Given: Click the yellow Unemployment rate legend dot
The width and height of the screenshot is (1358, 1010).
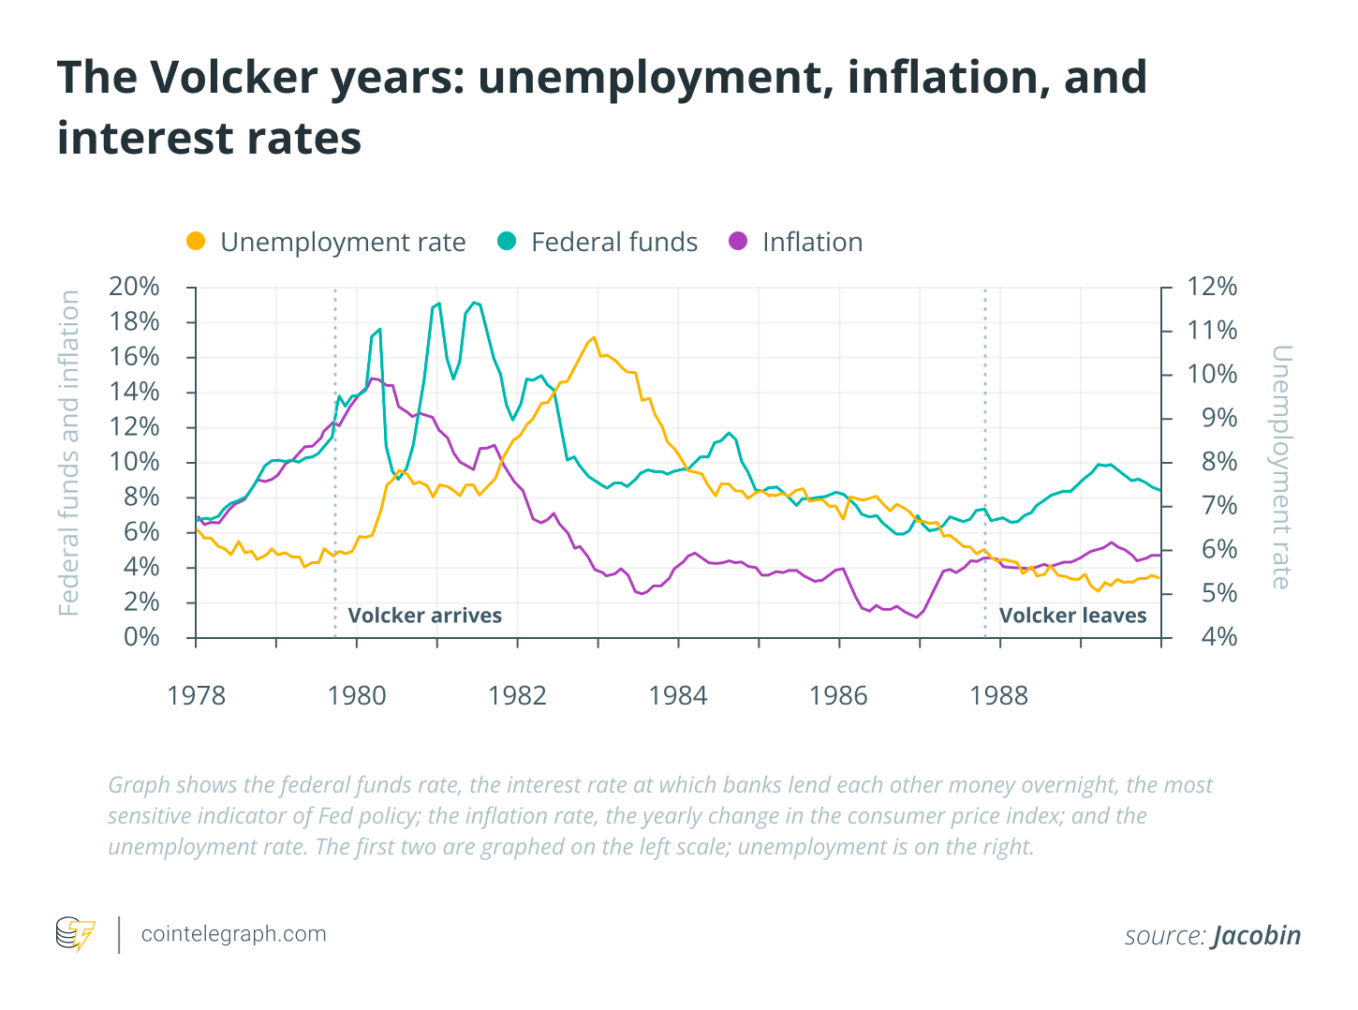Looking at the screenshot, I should point(196,241).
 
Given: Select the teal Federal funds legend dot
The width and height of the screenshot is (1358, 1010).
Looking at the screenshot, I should point(507,241).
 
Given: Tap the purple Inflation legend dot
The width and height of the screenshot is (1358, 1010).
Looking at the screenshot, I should point(738,241).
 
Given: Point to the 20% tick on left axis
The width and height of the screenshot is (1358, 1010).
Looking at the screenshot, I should point(135,287).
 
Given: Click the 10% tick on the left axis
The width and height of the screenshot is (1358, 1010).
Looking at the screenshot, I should point(135,462).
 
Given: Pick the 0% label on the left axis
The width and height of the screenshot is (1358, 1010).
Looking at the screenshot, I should point(142,637).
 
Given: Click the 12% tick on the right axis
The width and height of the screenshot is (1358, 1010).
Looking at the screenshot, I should point(1212,287).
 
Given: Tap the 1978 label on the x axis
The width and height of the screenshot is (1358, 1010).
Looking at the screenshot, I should point(196,695).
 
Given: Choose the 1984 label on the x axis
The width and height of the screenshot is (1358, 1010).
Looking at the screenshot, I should point(678,695).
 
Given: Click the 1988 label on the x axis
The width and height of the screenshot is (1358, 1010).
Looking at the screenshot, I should point(999,695).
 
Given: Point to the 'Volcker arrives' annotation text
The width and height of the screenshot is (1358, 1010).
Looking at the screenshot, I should point(424,616).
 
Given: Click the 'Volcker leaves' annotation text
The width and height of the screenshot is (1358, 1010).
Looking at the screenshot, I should point(1072,616).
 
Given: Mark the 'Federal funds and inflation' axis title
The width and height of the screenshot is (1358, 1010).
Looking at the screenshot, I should point(69,453).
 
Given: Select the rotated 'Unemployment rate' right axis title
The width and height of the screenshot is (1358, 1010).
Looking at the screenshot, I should point(1281,467).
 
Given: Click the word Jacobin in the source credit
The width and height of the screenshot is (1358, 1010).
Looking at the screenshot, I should point(1257,935).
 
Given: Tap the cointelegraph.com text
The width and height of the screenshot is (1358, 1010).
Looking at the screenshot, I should point(233,934).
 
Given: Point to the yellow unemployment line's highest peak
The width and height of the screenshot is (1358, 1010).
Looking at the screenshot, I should point(594,337).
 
